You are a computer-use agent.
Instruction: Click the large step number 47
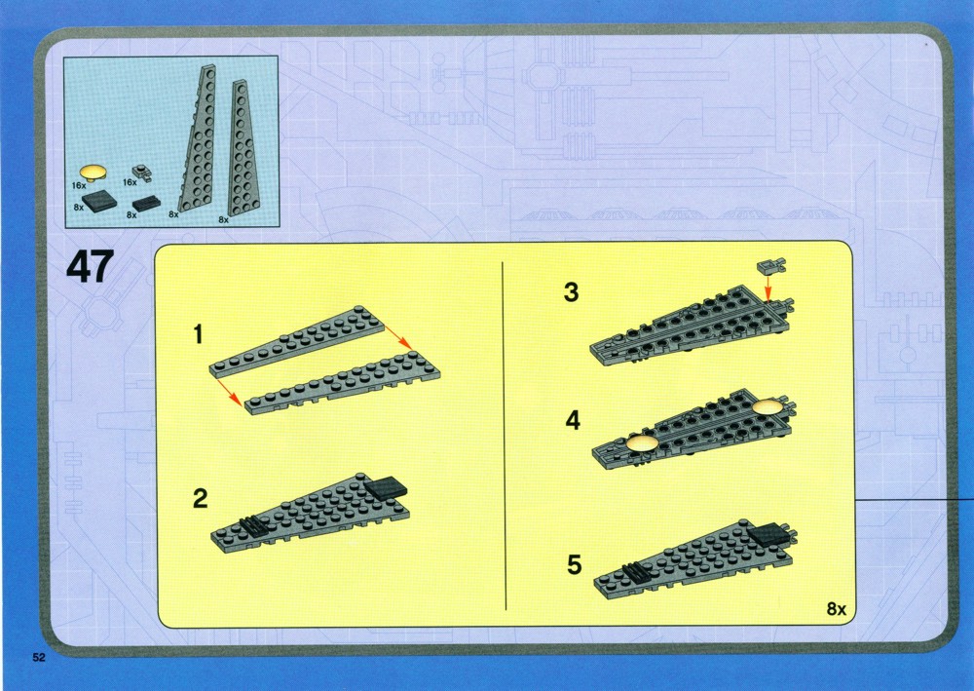pos(90,267)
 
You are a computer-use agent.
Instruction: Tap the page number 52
pos(39,658)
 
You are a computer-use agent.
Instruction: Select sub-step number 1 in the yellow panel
pos(198,334)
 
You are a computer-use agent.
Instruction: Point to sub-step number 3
pos(572,292)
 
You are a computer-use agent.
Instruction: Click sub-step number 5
pos(575,565)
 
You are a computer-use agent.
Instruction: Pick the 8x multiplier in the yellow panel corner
pos(836,609)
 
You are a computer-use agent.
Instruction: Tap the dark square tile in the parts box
pos(99,202)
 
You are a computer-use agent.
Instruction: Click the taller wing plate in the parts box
pos(198,139)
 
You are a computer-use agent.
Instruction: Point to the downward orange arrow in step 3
pos(768,288)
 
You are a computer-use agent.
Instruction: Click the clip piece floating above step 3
pos(770,267)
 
